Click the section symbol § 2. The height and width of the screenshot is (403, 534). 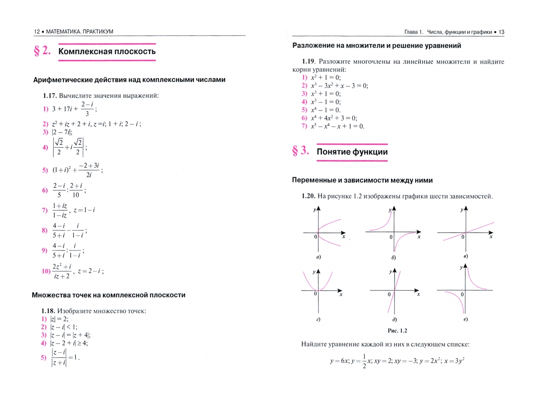coord(42,51)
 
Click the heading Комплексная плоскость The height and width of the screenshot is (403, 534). coord(107,51)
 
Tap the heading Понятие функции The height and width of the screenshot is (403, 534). coord(352,152)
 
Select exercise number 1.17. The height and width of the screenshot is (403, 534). coord(50,96)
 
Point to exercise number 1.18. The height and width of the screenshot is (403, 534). coord(48,311)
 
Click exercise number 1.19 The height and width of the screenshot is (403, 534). coord(309,62)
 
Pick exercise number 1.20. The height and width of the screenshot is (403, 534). coord(309,196)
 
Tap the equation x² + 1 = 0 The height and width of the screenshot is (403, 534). coord(325,78)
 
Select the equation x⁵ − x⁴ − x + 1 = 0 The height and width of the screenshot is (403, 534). coord(337,126)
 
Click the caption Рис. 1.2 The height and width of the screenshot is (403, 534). coord(397,331)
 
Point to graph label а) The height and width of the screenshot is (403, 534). coord(318,257)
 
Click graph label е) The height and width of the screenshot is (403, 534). coord(465,319)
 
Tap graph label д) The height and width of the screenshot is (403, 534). coord(394,319)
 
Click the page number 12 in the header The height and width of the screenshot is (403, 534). coord(37,32)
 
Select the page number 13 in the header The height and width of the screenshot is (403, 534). coord(501,32)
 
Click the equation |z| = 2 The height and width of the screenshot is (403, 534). coord(59,319)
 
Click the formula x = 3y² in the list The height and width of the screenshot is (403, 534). coord(454,361)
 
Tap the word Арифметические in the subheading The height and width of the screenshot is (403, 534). coord(59,80)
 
